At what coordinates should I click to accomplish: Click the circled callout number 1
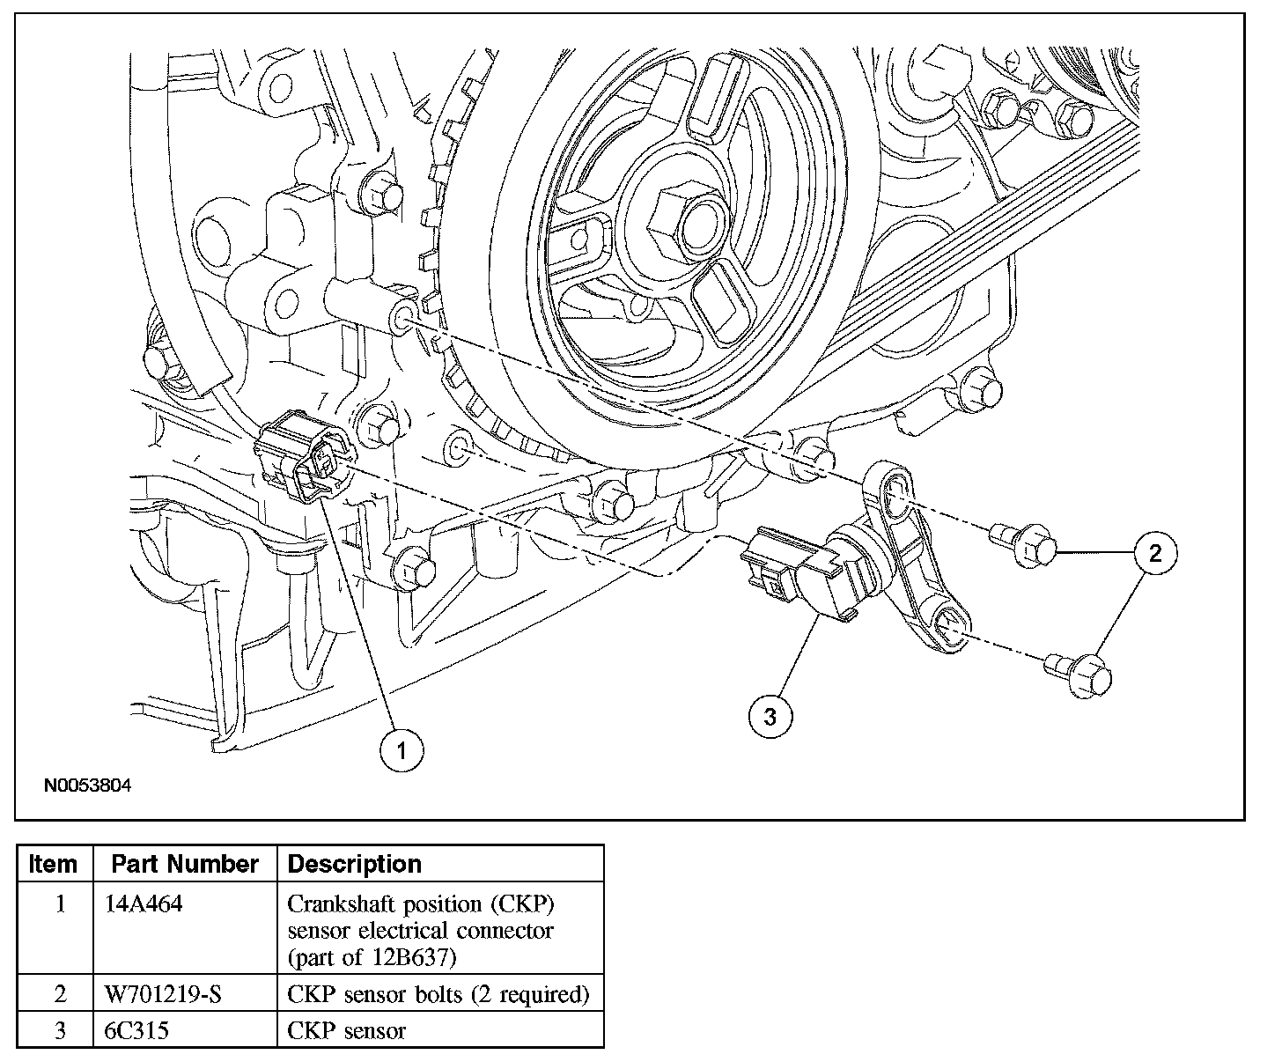pyautogui.click(x=402, y=750)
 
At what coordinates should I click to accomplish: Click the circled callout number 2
pyautogui.click(x=1155, y=553)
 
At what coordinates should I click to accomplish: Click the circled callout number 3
pyautogui.click(x=770, y=717)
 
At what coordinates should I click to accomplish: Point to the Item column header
pyautogui.click(x=53, y=864)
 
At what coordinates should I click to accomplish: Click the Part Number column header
pyautogui.click(x=185, y=864)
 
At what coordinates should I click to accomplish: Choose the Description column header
pyautogui.click(x=355, y=864)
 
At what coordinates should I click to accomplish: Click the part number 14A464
pyautogui.click(x=144, y=904)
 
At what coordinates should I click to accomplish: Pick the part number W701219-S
pyautogui.click(x=163, y=994)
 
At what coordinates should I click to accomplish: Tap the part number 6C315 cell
pyautogui.click(x=136, y=1029)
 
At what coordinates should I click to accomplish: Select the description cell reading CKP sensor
pyautogui.click(x=347, y=1029)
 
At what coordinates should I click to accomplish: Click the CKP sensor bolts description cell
pyautogui.click(x=438, y=994)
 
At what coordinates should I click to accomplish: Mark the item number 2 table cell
pyautogui.click(x=60, y=994)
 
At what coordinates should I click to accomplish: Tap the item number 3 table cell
pyautogui.click(x=60, y=1029)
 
